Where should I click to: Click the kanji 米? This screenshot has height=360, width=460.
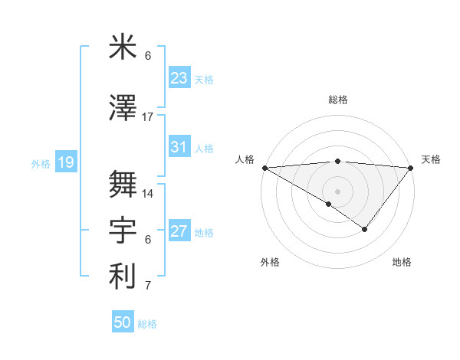coord(123,48)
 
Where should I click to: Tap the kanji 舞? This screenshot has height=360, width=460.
coord(123,184)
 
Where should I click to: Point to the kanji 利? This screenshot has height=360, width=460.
coord(123,277)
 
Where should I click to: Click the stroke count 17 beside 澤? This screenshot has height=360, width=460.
coord(148,117)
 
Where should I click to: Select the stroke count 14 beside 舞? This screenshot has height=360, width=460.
coord(148,194)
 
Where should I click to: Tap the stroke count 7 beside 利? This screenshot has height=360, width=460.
coord(148,286)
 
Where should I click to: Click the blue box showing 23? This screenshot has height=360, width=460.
coord(179,77)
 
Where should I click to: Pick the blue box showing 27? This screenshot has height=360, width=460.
coord(179,231)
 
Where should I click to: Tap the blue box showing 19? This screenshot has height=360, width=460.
coord(65,162)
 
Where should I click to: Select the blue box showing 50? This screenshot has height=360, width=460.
coord(123,322)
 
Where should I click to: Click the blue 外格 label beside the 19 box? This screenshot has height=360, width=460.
coord(41,163)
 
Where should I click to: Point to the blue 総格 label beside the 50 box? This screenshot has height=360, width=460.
coord(147,324)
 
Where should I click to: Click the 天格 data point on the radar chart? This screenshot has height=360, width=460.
coord(411,168)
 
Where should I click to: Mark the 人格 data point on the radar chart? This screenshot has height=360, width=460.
coord(264,168)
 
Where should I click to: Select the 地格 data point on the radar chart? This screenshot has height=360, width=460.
coord(365,229)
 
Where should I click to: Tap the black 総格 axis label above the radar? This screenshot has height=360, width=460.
coord(337,100)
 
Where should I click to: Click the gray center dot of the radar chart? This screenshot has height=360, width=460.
coord(337,190)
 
